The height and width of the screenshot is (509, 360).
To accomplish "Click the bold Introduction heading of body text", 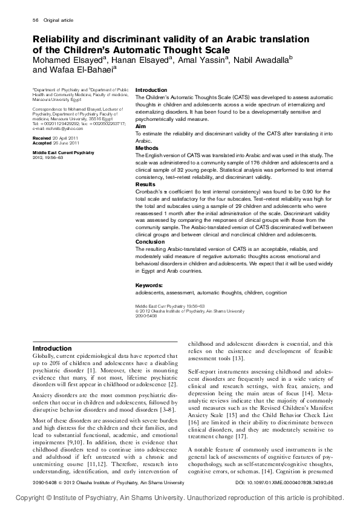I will click(52, 348).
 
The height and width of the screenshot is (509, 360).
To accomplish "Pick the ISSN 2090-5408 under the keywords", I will click(146, 316).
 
